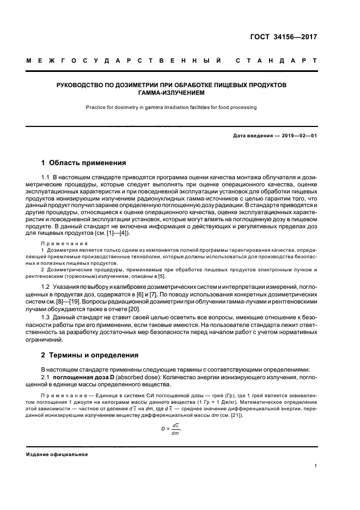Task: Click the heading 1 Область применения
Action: pyautogui.click(x=84, y=162)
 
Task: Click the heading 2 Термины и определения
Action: pyautogui.click(x=90, y=355)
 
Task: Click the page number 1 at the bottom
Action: pyautogui.click(x=316, y=466)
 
